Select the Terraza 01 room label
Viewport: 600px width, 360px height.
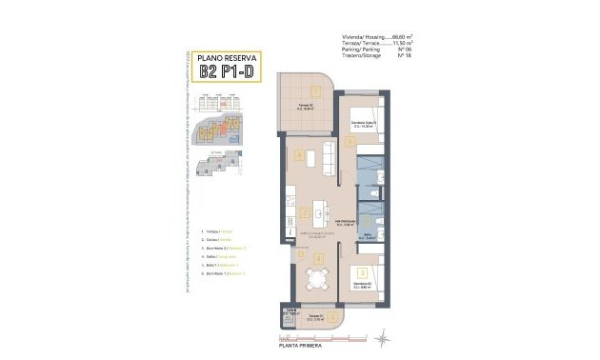coord(315,317)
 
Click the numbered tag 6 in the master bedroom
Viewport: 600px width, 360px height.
coord(350,142)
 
